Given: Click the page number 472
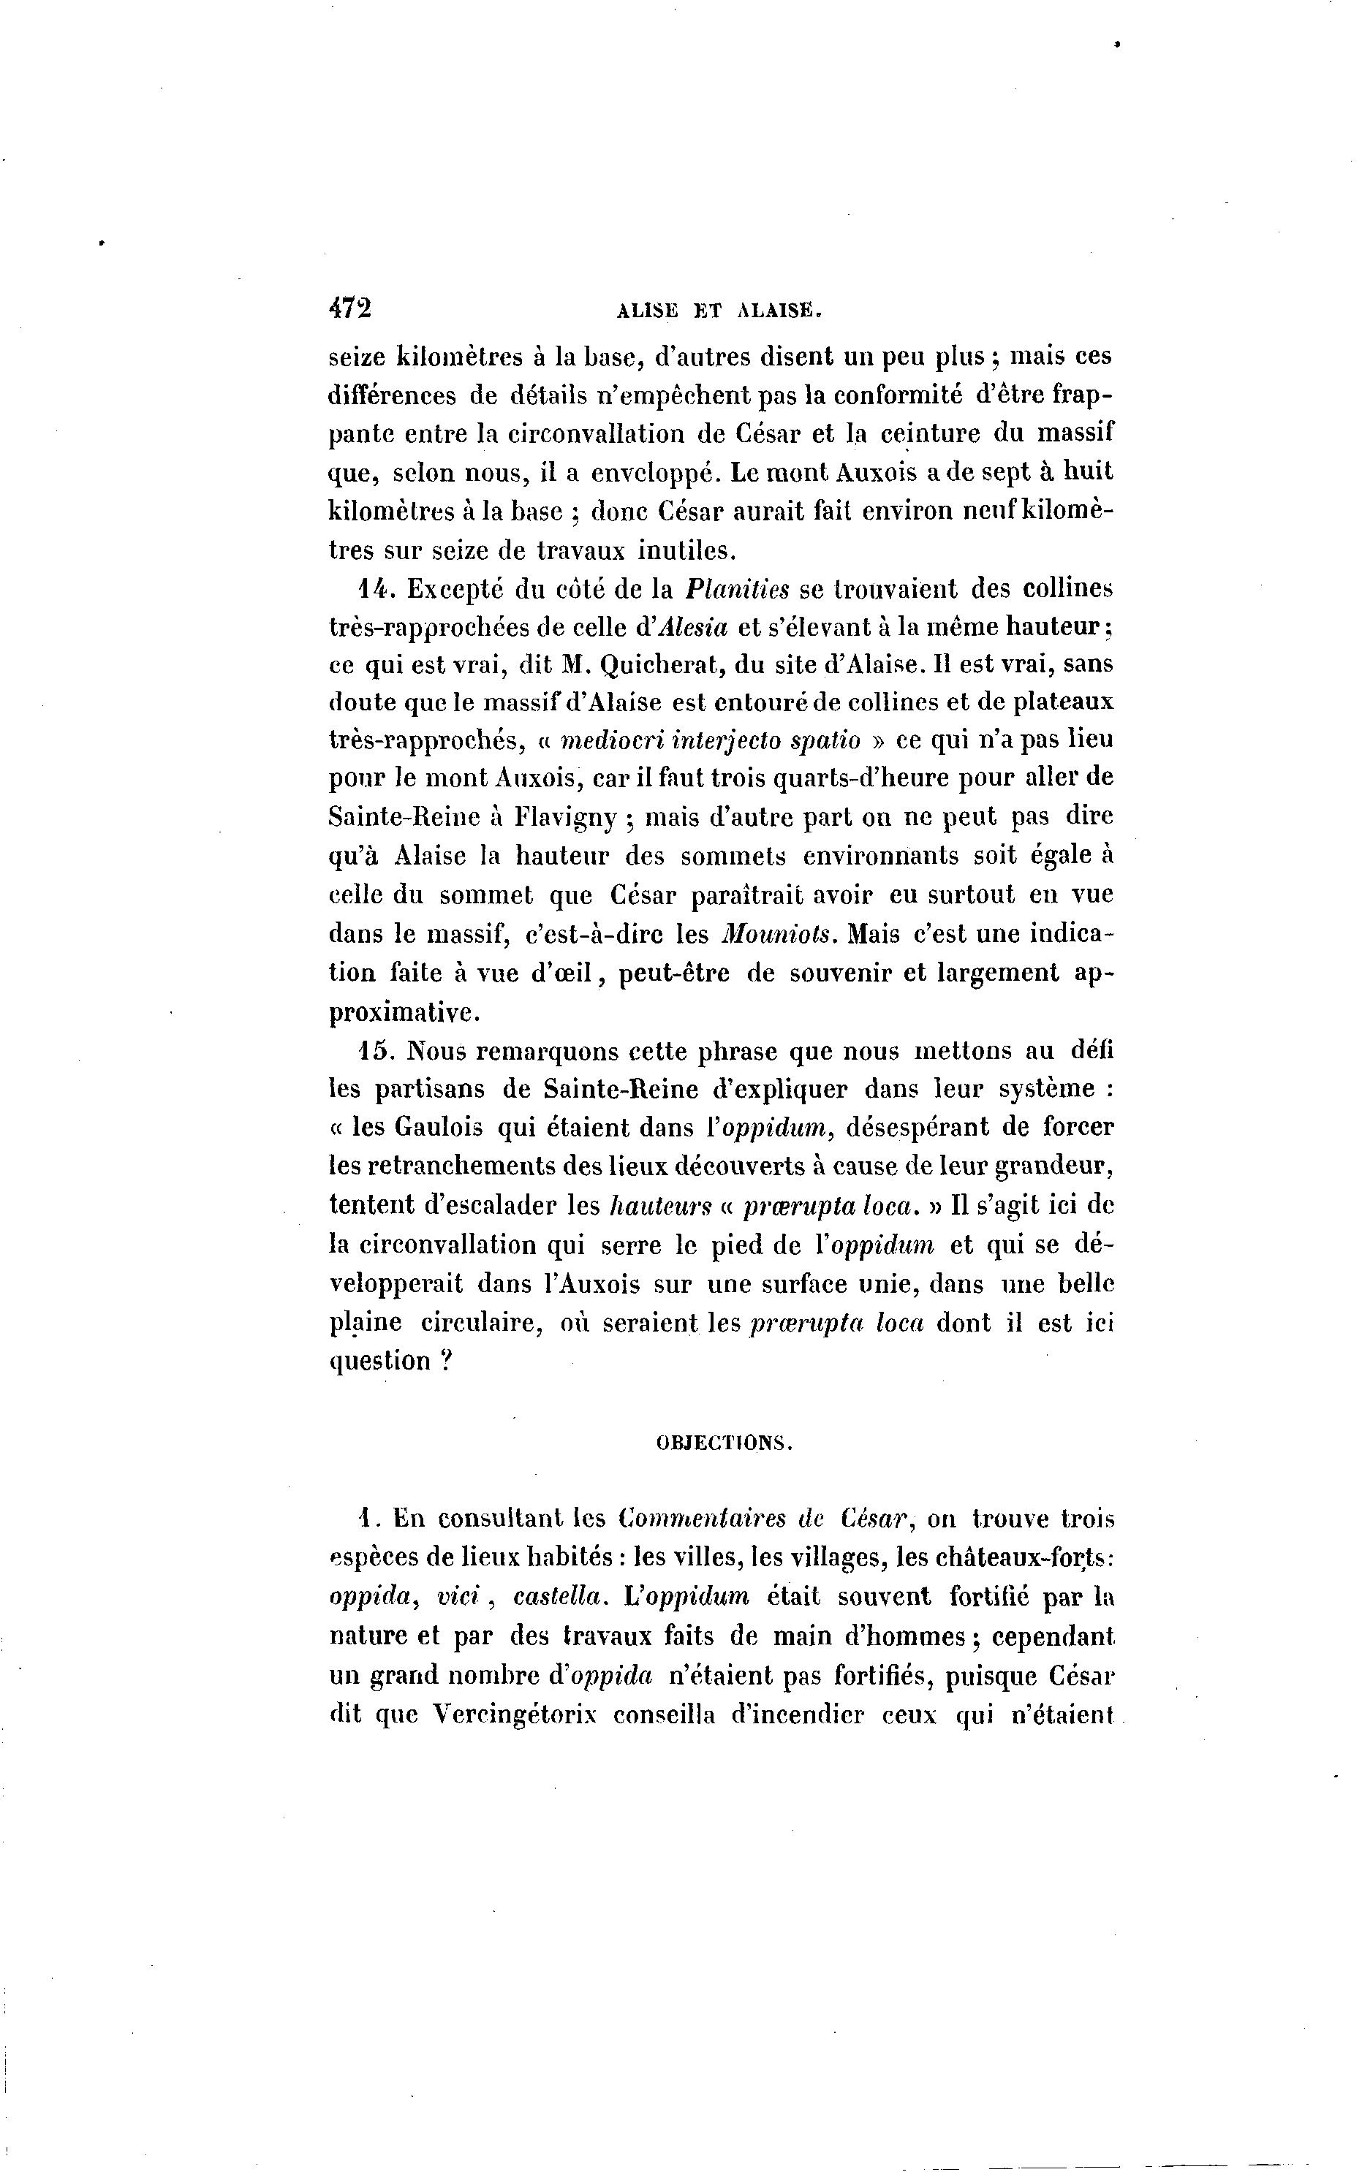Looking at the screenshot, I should point(350,308).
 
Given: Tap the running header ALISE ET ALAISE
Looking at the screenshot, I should point(718,311).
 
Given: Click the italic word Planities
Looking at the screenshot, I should point(737,590).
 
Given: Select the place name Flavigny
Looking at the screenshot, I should point(566,819).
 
